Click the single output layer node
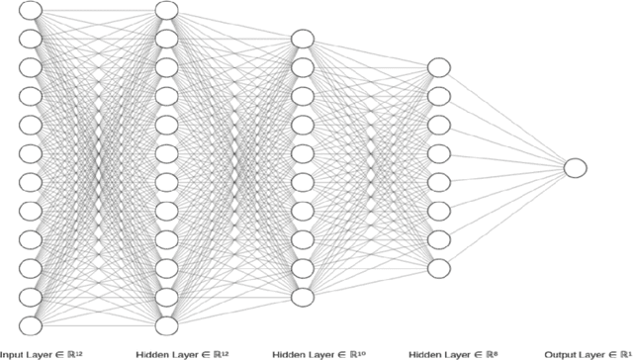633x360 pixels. pyautogui.click(x=576, y=168)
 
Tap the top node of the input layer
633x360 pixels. pyautogui.click(x=31, y=10)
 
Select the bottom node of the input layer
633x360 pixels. pyautogui.click(x=31, y=325)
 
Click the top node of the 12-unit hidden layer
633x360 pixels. pyautogui.click(x=166, y=10)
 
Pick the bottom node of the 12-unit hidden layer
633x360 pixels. pyautogui.click(x=166, y=325)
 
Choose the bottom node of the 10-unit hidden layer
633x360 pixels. pyautogui.click(x=302, y=297)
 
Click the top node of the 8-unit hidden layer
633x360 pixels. pyautogui.click(x=438, y=67)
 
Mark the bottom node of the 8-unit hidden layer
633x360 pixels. pyautogui.click(x=438, y=268)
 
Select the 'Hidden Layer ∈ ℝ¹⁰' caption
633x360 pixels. pyautogui.click(x=314, y=353)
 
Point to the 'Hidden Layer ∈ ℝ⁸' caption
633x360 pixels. pyautogui.click(x=449, y=353)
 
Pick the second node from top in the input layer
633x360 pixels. pyautogui.click(x=31, y=39)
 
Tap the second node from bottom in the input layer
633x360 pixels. pyautogui.click(x=31, y=297)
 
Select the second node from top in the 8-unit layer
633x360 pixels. pyautogui.click(x=438, y=96)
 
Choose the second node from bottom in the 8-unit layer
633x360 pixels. pyautogui.click(x=438, y=239)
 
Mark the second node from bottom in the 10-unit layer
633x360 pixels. pyautogui.click(x=302, y=268)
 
